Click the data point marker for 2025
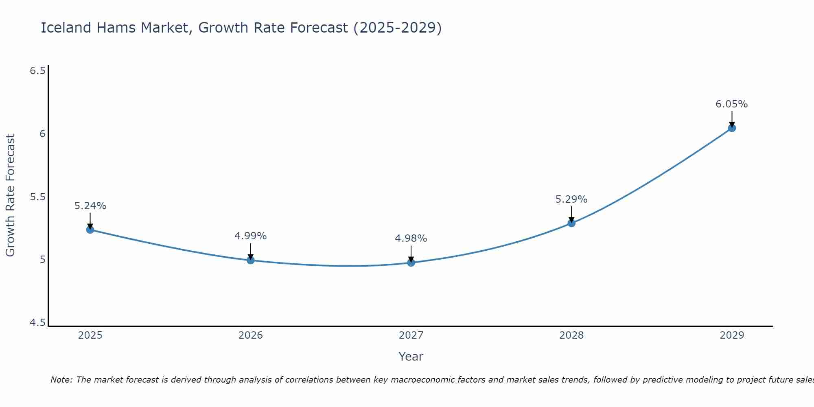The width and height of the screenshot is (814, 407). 90,230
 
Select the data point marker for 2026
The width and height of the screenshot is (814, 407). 250,260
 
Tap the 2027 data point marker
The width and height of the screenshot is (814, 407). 411,263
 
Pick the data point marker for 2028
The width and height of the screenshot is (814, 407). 571,223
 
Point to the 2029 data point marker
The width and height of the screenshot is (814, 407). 731,128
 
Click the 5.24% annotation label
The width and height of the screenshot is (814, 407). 90,206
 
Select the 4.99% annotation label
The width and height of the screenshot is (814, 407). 250,236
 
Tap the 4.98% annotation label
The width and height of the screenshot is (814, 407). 411,239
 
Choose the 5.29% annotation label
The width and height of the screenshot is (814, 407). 571,199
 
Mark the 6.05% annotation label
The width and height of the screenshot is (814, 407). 731,104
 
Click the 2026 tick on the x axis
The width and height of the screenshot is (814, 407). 250,335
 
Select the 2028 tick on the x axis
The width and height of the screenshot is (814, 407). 571,335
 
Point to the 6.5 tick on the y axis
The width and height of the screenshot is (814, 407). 37,71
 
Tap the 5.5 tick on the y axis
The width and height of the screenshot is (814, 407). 37,197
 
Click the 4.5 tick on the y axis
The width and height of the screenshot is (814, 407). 37,323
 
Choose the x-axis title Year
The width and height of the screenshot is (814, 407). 411,357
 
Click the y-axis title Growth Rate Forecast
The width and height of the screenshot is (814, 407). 10,195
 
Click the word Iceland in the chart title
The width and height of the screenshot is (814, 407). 66,28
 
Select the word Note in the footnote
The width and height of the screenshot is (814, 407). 61,380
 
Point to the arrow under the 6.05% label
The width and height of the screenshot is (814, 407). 731,118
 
